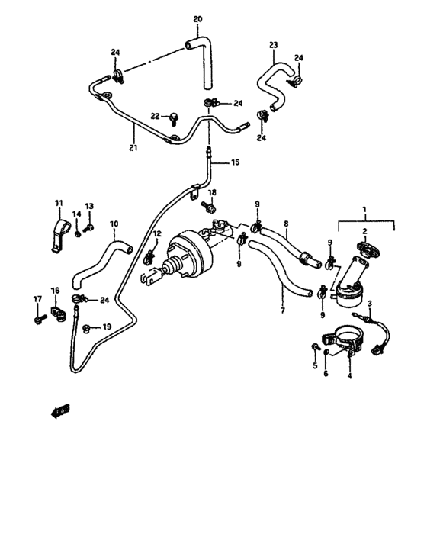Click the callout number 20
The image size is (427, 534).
pos(197,18)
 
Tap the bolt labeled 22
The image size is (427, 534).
pos(174,117)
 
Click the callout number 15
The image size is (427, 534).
pos(235,162)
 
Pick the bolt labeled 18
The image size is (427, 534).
pos(206,206)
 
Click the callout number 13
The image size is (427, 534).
pos(89,206)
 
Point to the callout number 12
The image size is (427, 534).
pos(157,233)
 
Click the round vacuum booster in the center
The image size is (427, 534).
pos(183,255)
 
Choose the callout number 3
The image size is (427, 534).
pos(371,304)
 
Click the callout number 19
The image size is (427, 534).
pos(107,327)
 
